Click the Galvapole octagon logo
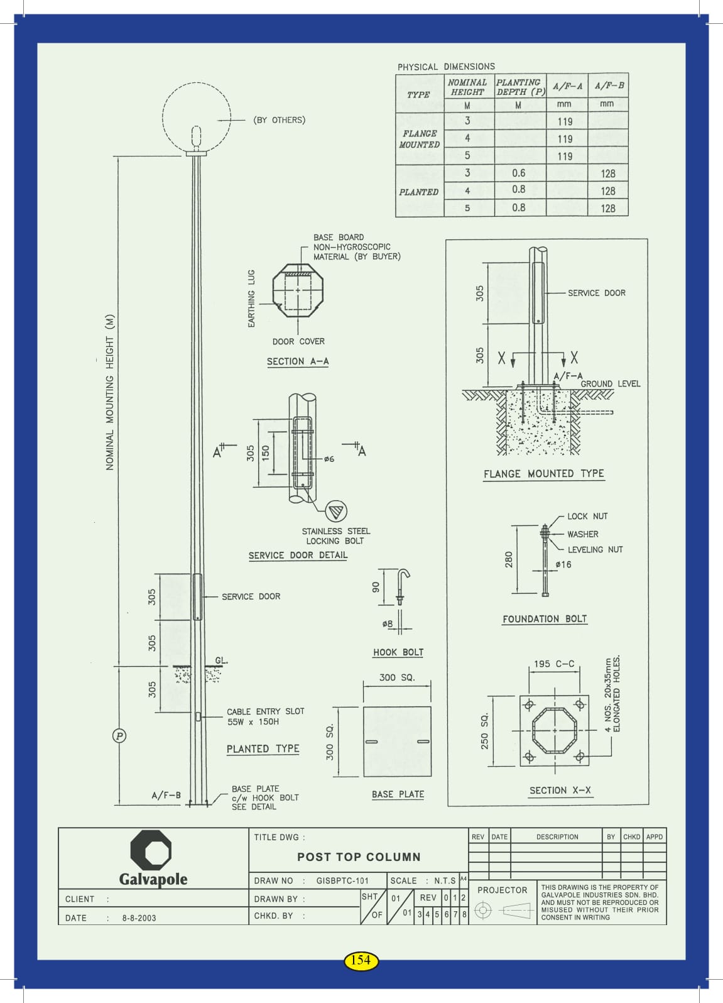click(151, 850)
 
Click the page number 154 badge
click(361, 960)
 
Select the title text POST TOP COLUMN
click(359, 857)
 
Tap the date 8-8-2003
click(139, 918)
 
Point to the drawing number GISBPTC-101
click(342, 881)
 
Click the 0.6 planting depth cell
click(519, 173)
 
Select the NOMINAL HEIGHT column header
click(467, 87)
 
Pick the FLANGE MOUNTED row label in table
click(420, 139)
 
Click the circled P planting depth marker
click(119, 735)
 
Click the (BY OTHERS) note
click(280, 120)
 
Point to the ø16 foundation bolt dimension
click(563, 564)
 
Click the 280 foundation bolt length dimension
click(509, 559)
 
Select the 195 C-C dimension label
click(554, 664)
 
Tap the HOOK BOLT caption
click(398, 652)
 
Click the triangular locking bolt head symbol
click(336, 510)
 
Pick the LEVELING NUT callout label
click(595, 549)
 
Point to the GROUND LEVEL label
click(610, 384)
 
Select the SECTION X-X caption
click(560, 791)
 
